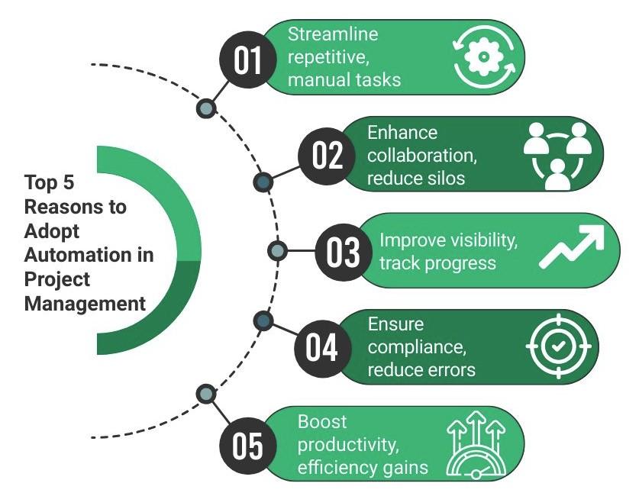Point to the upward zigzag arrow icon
(571, 249)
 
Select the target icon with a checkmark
(557, 346)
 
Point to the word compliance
(413, 348)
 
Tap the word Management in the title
(85, 304)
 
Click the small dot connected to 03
(278, 250)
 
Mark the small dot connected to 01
(205, 108)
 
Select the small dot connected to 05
(205, 394)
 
